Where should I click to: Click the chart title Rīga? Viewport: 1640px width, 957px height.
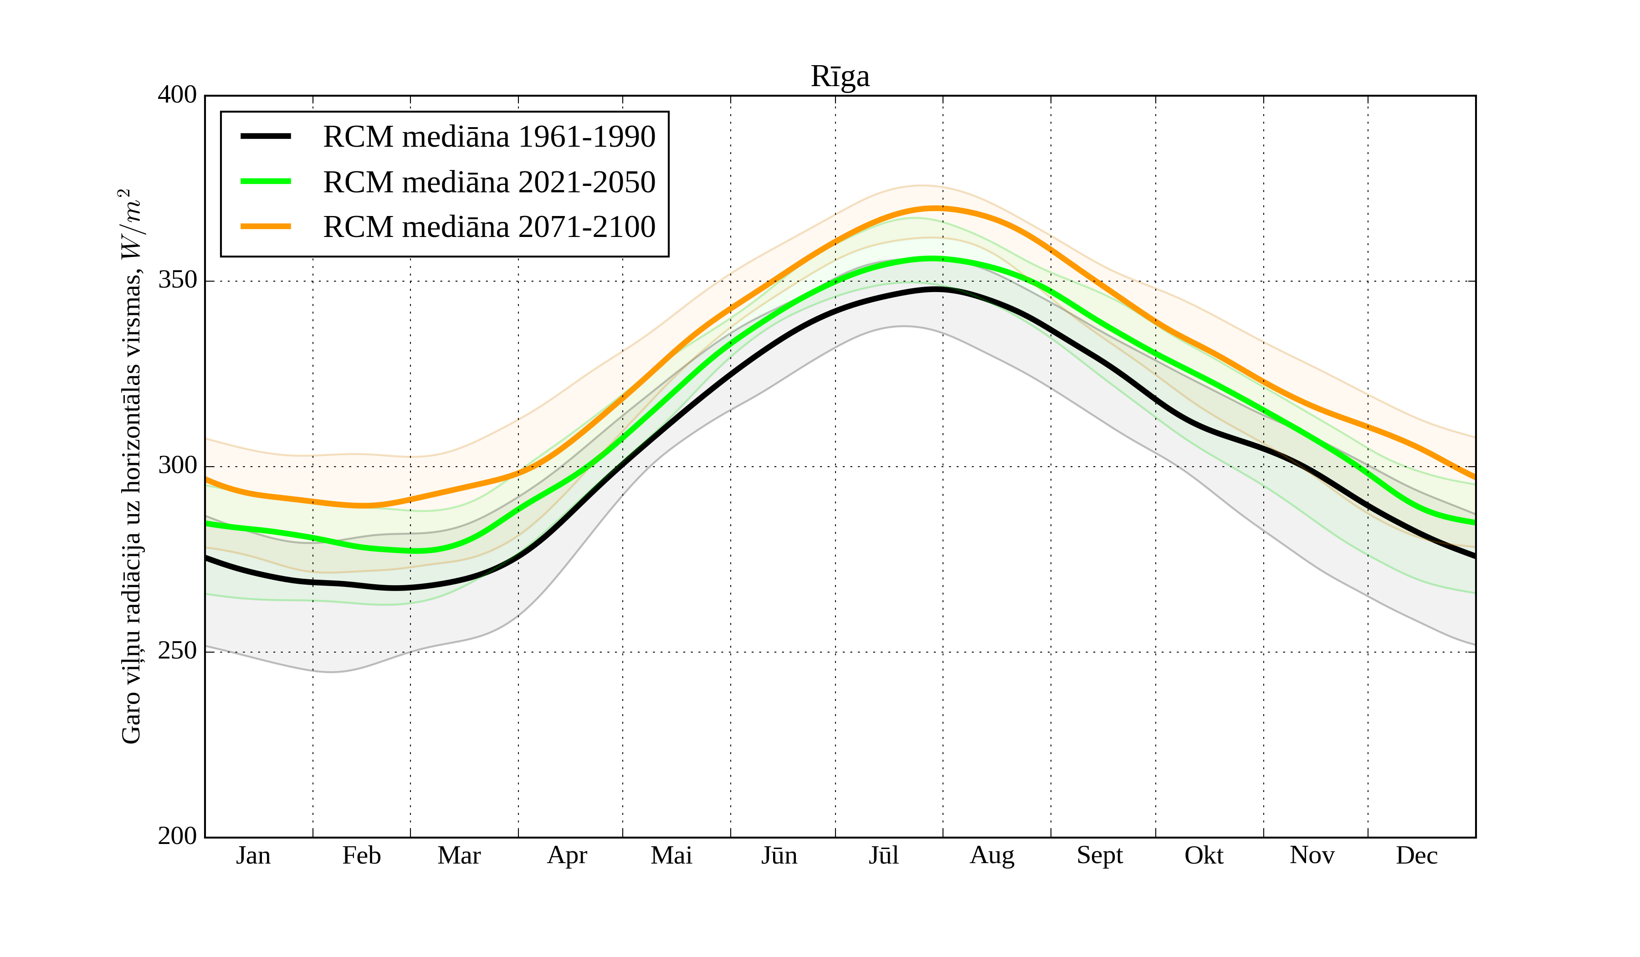click(x=840, y=77)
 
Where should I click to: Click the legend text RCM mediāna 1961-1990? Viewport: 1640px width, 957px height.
click(x=489, y=137)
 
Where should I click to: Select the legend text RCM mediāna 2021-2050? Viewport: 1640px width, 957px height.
click(x=489, y=182)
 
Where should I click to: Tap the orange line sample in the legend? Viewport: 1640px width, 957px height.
click(x=266, y=226)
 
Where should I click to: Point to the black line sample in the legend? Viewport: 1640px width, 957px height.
click(x=266, y=136)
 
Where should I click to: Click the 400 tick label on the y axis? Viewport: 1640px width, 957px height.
click(x=177, y=95)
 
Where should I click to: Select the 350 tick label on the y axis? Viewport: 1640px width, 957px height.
click(x=177, y=281)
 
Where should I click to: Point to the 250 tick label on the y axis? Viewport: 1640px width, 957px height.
click(x=177, y=651)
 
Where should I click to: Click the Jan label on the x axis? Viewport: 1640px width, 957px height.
click(x=253, y=855)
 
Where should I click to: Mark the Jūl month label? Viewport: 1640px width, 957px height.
click(x=884, y=855)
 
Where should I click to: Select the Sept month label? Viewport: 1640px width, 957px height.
click(x=1099, y=855)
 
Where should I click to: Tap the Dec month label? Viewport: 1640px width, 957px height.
click(x=1416, y=855)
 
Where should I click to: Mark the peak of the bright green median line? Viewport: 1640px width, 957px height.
click(x=933, y=258)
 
